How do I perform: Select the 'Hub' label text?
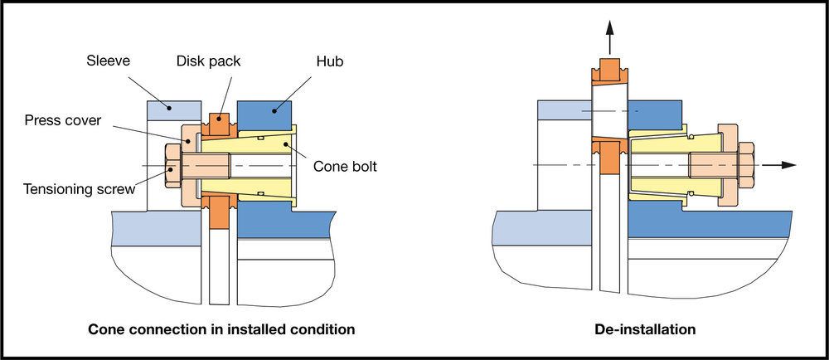tap(331, 61)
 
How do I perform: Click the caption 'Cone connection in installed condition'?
tap(221, 329)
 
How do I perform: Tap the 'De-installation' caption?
tap(644, 329)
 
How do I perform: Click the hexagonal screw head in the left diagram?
tap(172, 166)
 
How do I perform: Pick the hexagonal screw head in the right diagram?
tap(742, 165)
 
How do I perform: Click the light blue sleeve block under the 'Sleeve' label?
tap(173, 109)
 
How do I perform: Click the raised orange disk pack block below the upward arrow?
tap(609, 69)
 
